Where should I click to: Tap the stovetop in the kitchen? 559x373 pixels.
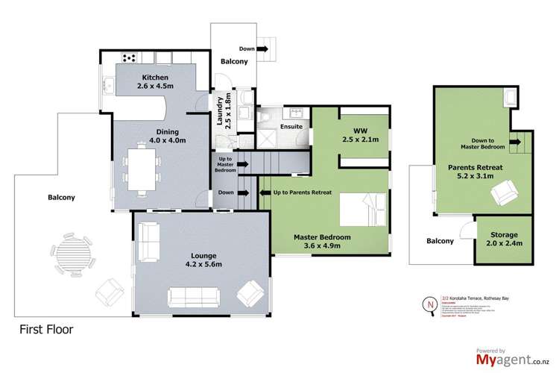[127, 57]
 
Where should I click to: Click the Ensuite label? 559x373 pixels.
[291, 127]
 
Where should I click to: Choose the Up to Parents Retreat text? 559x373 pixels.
[301, 192]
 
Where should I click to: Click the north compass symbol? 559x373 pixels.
[429, 305]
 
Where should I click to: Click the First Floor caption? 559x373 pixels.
[47, 328]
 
